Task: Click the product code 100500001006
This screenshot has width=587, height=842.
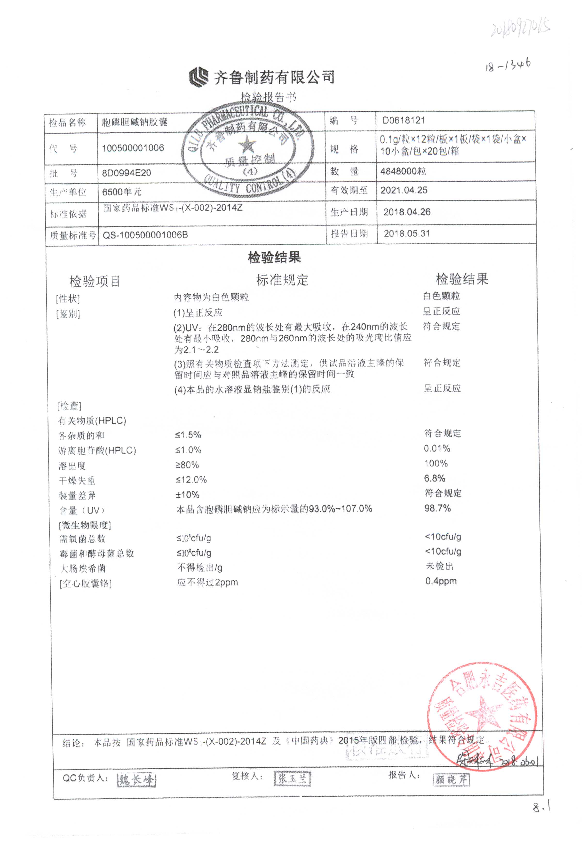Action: (133, 148)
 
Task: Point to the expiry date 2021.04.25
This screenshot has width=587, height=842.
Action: (404, 190)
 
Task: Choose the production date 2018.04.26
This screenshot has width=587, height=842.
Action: (407, 212)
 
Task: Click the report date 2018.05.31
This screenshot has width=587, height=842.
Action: (407, 233)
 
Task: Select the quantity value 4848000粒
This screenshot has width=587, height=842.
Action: (403, 171)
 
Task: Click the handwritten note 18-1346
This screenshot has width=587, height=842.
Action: (508, 65)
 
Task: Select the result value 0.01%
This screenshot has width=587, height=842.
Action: (437, 448)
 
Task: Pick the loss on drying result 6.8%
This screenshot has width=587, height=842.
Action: (435, 478)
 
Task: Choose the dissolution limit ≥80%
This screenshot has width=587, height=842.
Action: (187, 465)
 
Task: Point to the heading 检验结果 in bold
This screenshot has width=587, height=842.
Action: (274, 257)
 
